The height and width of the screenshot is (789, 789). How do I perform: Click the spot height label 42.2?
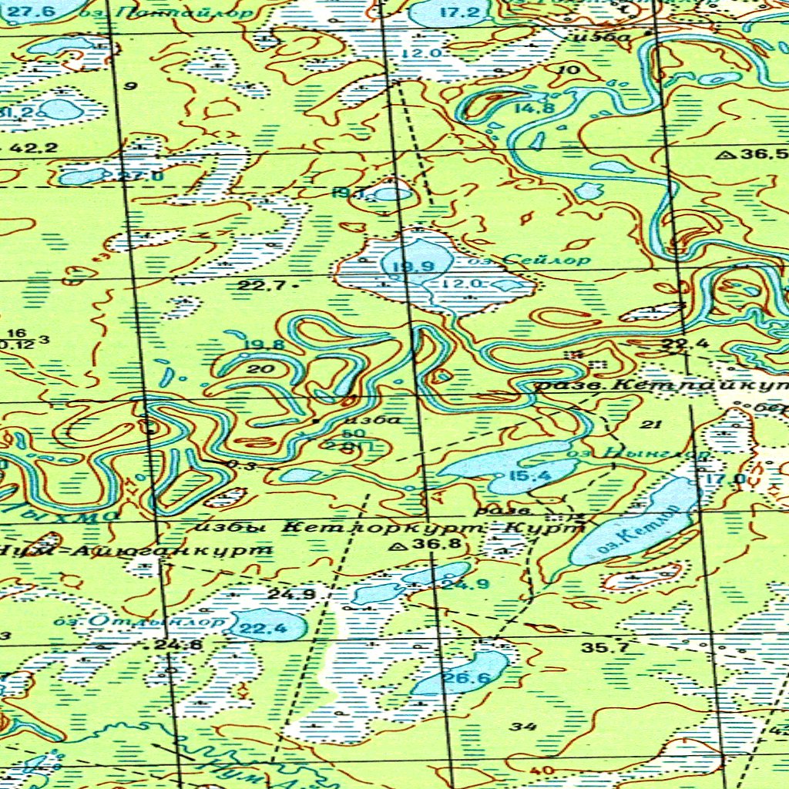pyautogui.click(x=34, y=147)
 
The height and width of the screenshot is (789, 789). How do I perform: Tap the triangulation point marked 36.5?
pyautogui.click(x=724, y=155)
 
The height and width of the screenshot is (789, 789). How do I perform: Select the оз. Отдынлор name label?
pyautogui.click(x=139, y=620)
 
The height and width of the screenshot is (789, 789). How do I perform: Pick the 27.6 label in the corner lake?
pyautogui.click(x=37, y=11)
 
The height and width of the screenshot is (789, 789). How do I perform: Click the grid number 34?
pyautogui.click(x=523, y=726)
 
